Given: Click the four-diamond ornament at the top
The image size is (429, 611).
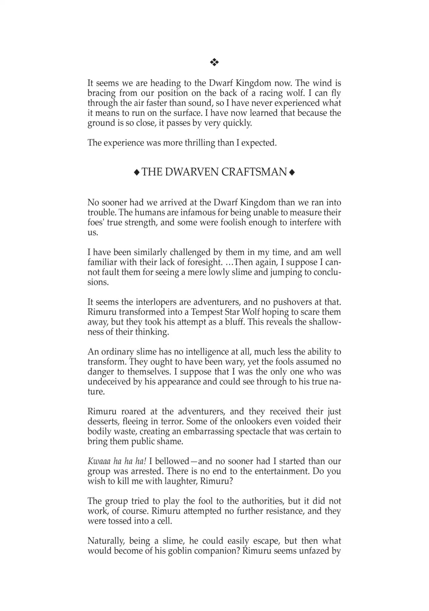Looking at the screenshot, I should [214, 62].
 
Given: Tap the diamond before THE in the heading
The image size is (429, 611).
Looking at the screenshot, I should [137, 172].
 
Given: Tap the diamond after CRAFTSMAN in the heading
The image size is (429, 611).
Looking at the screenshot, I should [292, 172].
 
